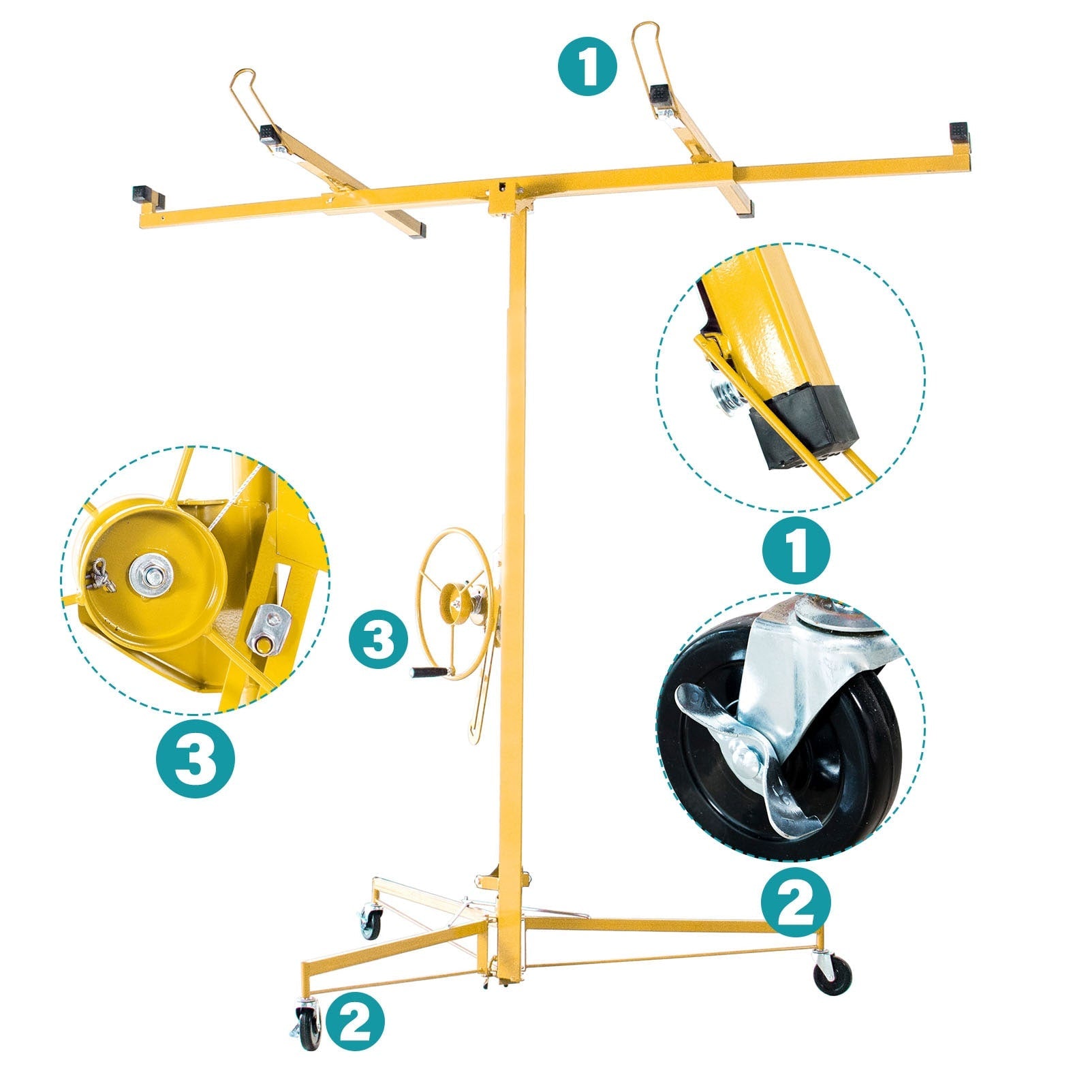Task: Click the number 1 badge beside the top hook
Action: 588,67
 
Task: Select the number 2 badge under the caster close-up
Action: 796,902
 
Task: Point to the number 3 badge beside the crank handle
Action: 378,641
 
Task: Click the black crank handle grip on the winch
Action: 428,672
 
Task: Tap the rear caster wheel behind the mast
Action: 371,924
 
